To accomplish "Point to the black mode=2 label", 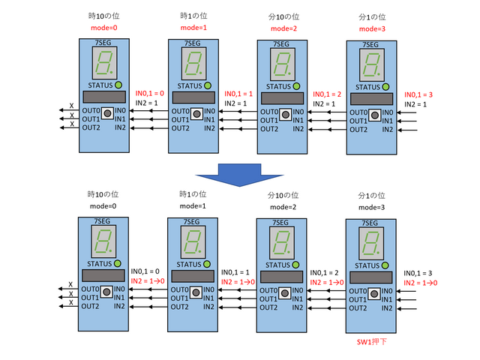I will pyautogui.click(x=283, y=207).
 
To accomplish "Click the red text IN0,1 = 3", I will pyautogui.click(x=418, y=94).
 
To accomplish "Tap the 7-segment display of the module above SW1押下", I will pyautogui.click(x=370, y=244).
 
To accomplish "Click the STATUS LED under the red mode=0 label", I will pyautogui.click(x=118, y=85).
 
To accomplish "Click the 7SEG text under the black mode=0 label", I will pyautogui.click(x=105, y=222).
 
